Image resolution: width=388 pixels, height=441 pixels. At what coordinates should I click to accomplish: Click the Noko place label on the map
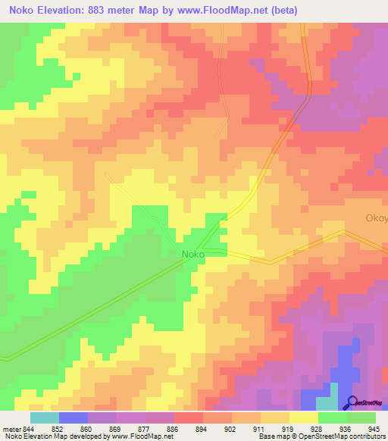tap(192, 255)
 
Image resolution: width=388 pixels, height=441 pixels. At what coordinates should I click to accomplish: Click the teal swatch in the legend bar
tap(45, 418)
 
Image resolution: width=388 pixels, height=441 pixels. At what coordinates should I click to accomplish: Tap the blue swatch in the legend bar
tap(74, 418)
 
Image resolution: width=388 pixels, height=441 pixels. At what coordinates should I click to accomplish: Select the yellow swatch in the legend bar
tap(304, 418)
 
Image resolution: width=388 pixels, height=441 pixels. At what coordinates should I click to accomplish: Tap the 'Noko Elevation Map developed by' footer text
tap(53, 436)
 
